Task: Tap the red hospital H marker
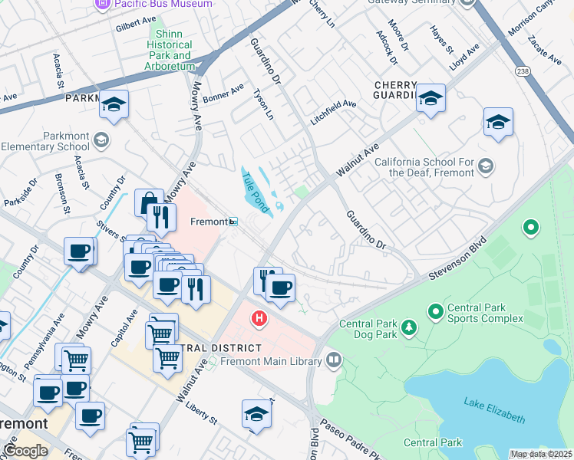coord(260,317)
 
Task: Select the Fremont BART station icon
coord(233,222)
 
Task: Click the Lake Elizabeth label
coord(494,409)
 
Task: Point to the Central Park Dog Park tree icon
coord(409,327)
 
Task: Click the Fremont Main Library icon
coord(333,359)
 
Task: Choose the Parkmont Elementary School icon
coord(103,140)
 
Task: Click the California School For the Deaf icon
coord(485,166)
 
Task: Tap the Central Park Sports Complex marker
coord(435,311)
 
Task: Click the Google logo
coord(25,450)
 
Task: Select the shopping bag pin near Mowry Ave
coord(149,202)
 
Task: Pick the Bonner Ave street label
coord(223,94)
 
